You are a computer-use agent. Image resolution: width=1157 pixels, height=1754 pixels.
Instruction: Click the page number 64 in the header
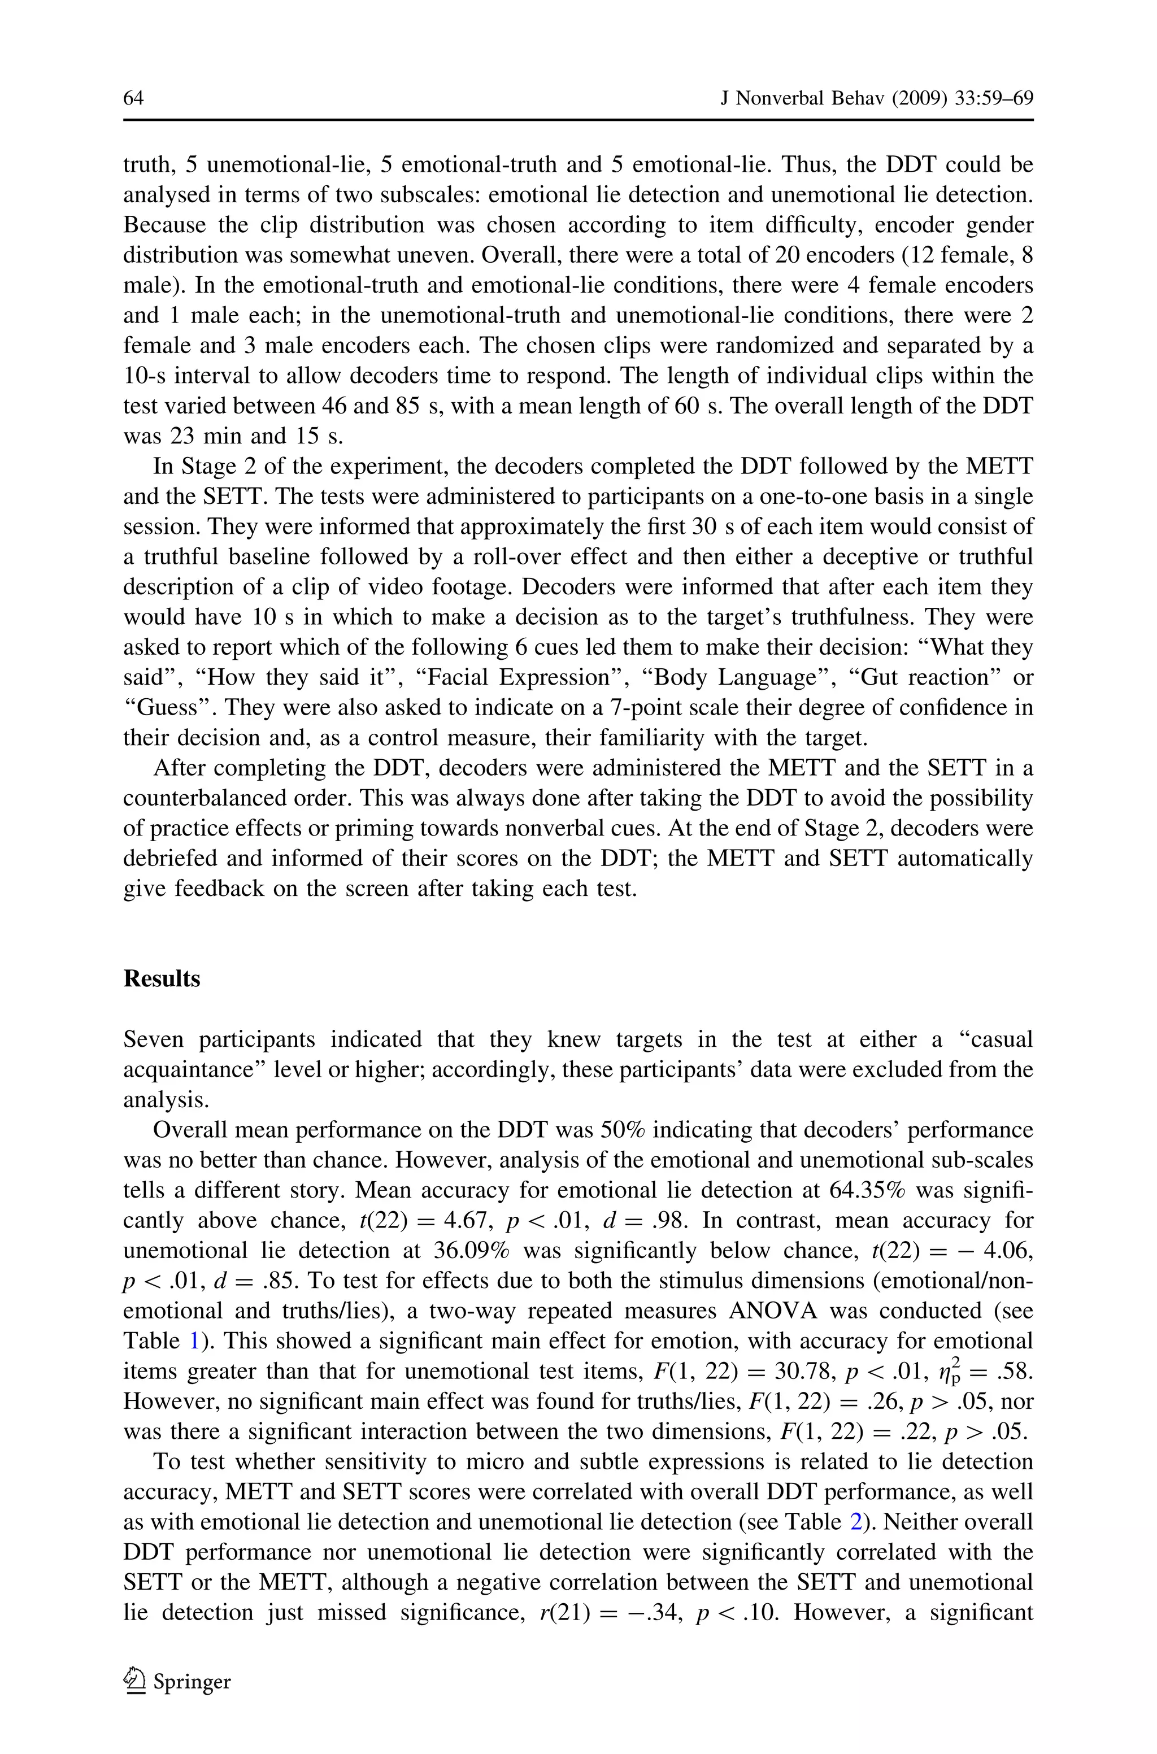pos(133,98)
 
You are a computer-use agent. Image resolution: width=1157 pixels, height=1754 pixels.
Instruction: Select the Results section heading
pos(162,979)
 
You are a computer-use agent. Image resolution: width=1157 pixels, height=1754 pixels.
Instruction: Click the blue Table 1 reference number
pos(195,1341)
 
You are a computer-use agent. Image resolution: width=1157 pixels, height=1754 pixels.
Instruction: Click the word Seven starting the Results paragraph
pos(154,1039)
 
